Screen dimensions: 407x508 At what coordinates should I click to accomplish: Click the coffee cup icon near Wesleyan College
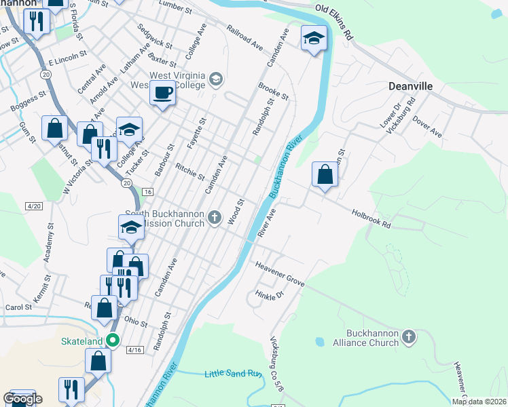pyautogui.click(x=162, y=93)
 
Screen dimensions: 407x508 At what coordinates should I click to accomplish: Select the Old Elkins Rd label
pyautogui.click(x=335, y=20)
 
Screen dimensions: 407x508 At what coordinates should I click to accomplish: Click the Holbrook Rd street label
pyautogui.click(x=372, y=218)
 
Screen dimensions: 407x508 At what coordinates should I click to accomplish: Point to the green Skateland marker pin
pyautogui.click(x=114, y=341)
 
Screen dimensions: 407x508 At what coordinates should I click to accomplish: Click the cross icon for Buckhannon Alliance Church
pyautogui.click(x=408, y=337)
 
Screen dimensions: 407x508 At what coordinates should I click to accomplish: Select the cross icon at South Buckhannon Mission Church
pyautogui.click(x=215, y=218)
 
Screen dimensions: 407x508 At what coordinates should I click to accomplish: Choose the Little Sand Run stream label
pyautogui.click(x=233, y=373)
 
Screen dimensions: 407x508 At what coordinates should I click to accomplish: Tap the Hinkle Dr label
pyautogui.click(x=268, y=296)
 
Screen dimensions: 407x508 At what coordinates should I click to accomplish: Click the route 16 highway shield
pyautogui.click(x=147, y=192)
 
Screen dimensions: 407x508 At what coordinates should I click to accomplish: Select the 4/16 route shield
pyautogui.click(x=134, y=350)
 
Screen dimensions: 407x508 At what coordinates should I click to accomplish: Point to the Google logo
pyautogui.click(x=22, y=399)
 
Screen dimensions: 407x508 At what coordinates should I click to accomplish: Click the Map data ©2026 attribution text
pyautogui.click(x=479, y=402)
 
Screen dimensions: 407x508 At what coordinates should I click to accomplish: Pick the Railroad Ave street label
pyautogui.click(x=244, y=39)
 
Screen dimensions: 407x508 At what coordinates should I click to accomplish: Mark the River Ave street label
pyautogui.click(x=266, y=222)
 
